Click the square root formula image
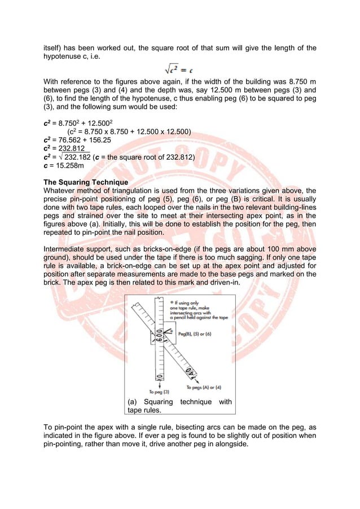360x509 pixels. click(x=181, y=69)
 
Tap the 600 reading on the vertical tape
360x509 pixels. click(x=160, y=337)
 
